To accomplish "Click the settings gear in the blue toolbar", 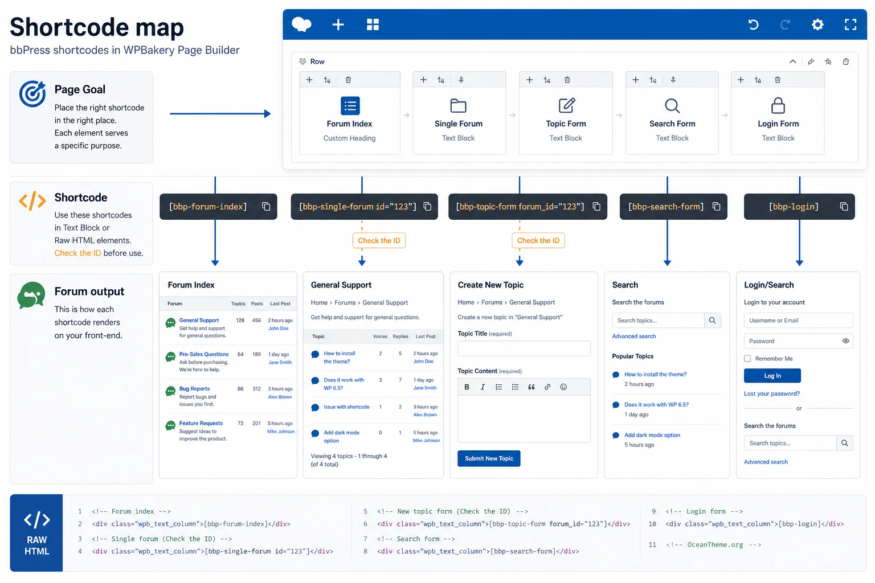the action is pos(817,24).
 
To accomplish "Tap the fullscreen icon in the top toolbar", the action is pos(851,24).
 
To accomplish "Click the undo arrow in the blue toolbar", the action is pos(753,24).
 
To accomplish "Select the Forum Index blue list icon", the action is pos(350,105).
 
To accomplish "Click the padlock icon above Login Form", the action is pos(778,105).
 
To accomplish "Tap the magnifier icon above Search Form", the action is pos(672,105).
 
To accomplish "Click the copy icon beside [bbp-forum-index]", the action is pos(266,206).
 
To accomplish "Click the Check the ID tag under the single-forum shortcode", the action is pos(379,240).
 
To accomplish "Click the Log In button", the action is pos(772,376).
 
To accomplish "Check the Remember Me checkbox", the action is pos(747,359).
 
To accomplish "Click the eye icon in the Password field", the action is pos(845,341).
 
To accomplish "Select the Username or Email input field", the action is pos(798,320).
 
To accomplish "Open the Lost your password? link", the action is pos(771,393).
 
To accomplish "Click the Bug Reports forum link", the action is pos(194,388).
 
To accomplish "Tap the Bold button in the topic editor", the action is pos(467,387).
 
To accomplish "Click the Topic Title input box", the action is pos(524,348).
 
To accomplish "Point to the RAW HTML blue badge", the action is pos(36,533).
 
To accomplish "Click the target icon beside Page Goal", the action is pos(32,94).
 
